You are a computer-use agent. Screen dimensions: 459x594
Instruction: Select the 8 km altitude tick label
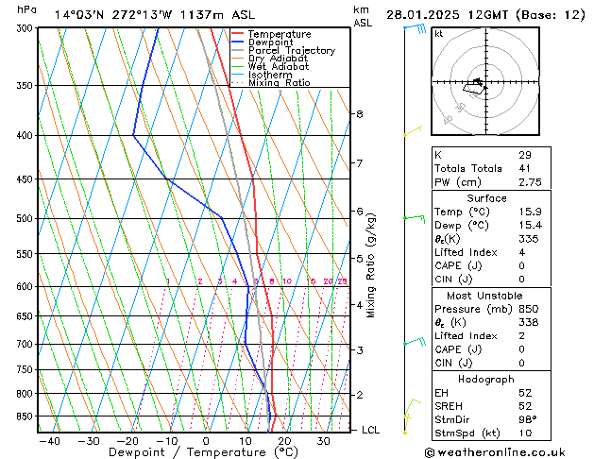[359, 114]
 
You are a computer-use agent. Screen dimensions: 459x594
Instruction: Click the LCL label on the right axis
[371, 431]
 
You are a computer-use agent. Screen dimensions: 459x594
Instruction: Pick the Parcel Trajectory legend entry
[291, 51]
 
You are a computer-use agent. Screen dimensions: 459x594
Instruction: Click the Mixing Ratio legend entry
[280, 83]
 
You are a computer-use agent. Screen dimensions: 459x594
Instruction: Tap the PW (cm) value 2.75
[528, 181]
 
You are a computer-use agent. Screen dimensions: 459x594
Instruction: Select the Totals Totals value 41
[524, 168]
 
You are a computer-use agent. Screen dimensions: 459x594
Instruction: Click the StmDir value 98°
[527, 419]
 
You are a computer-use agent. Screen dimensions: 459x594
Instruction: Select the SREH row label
[450, 406]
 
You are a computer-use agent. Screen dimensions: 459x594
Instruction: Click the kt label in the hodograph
[438, 34]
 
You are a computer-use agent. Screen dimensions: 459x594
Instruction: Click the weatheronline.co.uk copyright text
[506, 450]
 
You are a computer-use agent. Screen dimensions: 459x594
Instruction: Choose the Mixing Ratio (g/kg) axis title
[371, 265]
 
